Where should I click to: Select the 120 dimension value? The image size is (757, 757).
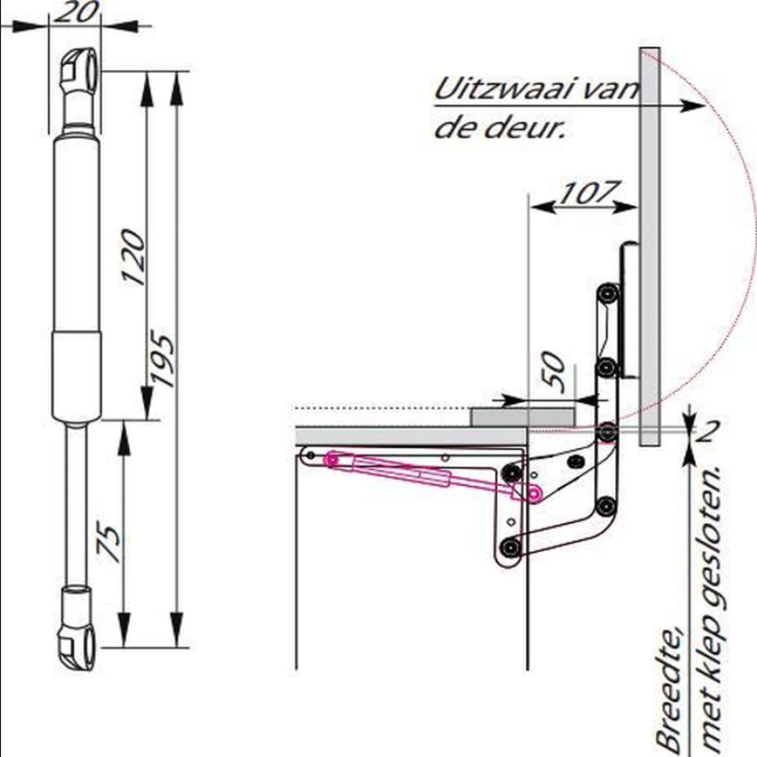coord(133,257)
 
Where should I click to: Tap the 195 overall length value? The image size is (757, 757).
coord(161,357)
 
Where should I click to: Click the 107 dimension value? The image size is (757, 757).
coord(589,192)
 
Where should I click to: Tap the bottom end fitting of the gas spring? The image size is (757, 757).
coord(77,627)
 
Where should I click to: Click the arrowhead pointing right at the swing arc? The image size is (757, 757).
coord(693,105)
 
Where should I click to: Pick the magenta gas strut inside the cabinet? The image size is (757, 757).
coord(432,475)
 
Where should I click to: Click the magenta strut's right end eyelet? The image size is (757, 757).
coord(533,495)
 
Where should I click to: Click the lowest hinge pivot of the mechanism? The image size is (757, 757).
coord(510,548)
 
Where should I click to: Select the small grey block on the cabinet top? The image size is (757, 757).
coord(523,417)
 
